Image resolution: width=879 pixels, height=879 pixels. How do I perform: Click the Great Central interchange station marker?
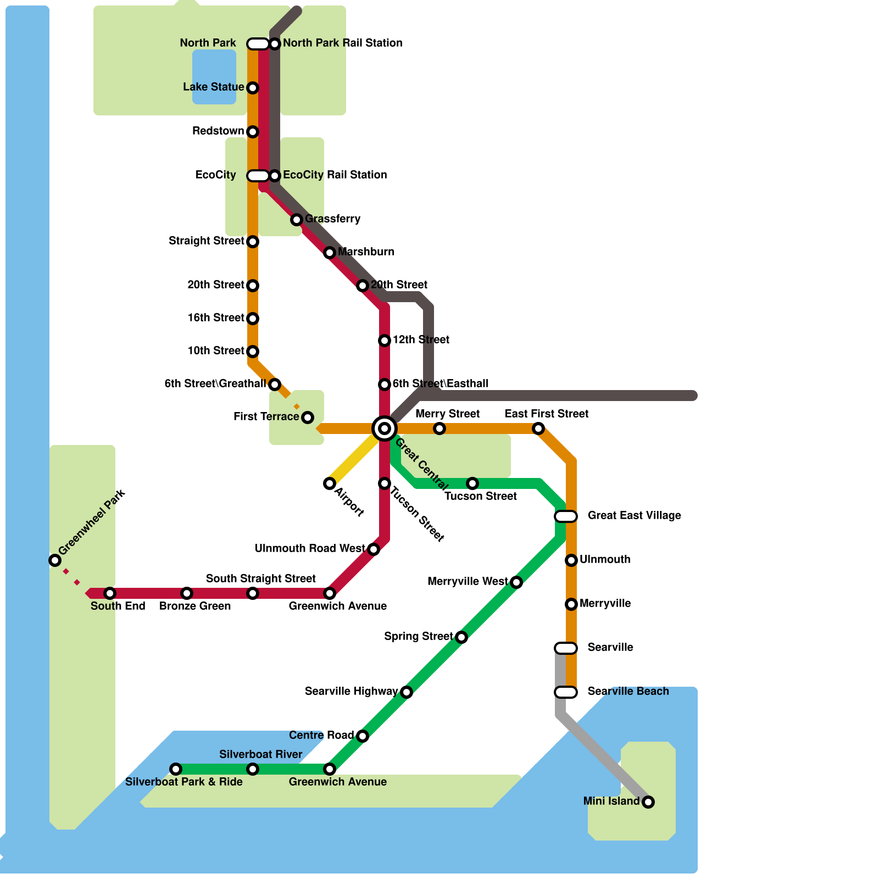point(385,429)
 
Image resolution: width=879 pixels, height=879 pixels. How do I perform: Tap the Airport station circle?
point(330,483)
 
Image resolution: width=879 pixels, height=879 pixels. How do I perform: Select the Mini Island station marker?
point(648,802)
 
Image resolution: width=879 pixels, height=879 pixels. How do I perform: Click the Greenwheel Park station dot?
point(55,560)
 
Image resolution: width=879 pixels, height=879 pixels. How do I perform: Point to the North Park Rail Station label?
point(343,43)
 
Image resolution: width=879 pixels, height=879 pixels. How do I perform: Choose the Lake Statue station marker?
point(253,88)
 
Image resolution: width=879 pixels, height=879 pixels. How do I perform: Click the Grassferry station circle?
point(297,220)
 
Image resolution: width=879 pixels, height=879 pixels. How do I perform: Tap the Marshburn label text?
point(366,252)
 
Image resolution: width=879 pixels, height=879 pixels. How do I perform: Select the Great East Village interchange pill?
point(566,516)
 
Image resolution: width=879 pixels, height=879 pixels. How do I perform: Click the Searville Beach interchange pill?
point(566,692)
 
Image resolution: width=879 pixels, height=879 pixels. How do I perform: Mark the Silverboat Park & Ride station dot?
point(176,769)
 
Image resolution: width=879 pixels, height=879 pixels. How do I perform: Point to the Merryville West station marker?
point(516,582)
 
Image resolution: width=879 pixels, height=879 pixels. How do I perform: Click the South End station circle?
point(110,593)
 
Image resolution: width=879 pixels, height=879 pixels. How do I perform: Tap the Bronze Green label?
point(195,606)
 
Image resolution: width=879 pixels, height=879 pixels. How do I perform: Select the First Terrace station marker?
point(308,418)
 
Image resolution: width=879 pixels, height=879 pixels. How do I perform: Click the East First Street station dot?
point(538,429)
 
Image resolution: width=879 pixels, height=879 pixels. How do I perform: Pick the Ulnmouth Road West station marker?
point(374,549)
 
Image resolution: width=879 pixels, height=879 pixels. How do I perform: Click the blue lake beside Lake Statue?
point(214,77)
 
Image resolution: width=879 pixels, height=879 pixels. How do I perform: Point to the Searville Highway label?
point(351,691)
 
